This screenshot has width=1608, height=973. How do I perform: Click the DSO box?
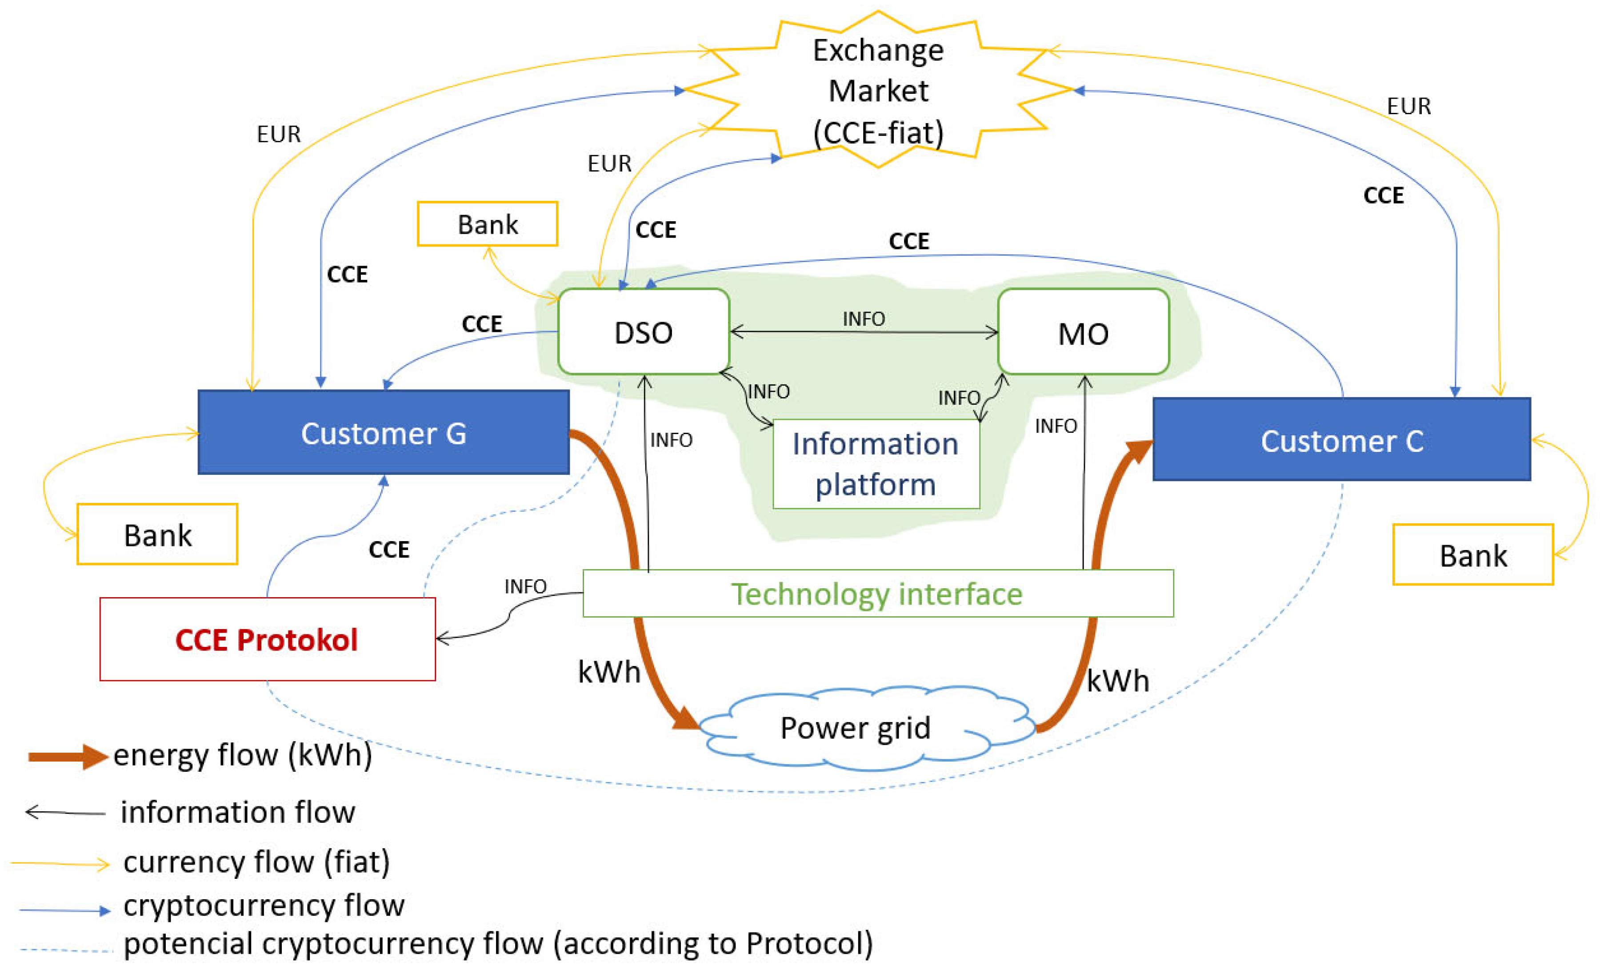pyautogui.click(x=644, y=332)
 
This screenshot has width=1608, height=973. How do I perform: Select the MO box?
pyautogui.click(x=1083, y=333)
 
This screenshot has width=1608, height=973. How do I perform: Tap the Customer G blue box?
pyautogui.click(x=384, y=433)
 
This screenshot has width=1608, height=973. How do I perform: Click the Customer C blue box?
pyautogui.click(x=1342, y=440)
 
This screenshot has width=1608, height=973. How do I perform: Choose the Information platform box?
pyautogui.click(x=876, y=464)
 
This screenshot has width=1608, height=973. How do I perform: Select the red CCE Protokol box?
pyautogui.click(x=267, y=639)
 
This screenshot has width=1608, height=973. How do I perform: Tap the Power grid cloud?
pyautogui.click(x=855, y=728)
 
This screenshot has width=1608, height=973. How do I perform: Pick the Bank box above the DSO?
pyautogui.click(x=488, y=224)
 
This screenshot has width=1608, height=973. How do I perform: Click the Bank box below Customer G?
pyautogui.click(x=157, y=535)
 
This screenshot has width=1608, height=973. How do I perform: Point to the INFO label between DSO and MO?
pyautogui.click(x=864, y=319)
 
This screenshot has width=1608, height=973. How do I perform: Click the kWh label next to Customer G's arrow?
pyautogui.click(x=609, y=671)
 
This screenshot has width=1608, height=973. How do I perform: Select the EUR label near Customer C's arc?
pyautogui.click(x=1408, y=106)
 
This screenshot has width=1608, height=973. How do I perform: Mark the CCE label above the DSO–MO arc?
pyautogui.click(x=908, y=241)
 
